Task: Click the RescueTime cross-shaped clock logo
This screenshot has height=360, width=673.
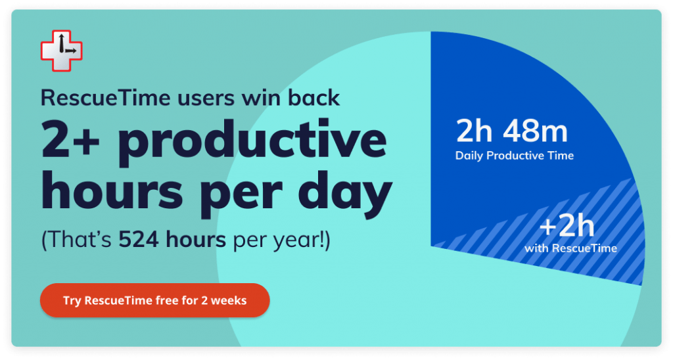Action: [x=61, y=51]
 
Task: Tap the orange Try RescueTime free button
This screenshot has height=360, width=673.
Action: [x=155, y=300]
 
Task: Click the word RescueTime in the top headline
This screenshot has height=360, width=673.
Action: [x=105, y=98]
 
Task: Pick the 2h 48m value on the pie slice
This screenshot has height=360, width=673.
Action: [x=511, y=131]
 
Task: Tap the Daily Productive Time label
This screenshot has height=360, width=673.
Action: [x=514, y=155]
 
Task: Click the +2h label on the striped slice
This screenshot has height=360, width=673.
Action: [x=567, y=227]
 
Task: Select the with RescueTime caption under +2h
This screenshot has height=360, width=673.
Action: [x=570, y=248]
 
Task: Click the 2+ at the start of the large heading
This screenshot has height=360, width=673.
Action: [x=71, y=139]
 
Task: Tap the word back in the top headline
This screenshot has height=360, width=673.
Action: [x=313, y=98]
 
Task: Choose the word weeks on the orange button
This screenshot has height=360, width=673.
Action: [x=229, y=300]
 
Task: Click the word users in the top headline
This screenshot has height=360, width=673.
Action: [x=206, y=99]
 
